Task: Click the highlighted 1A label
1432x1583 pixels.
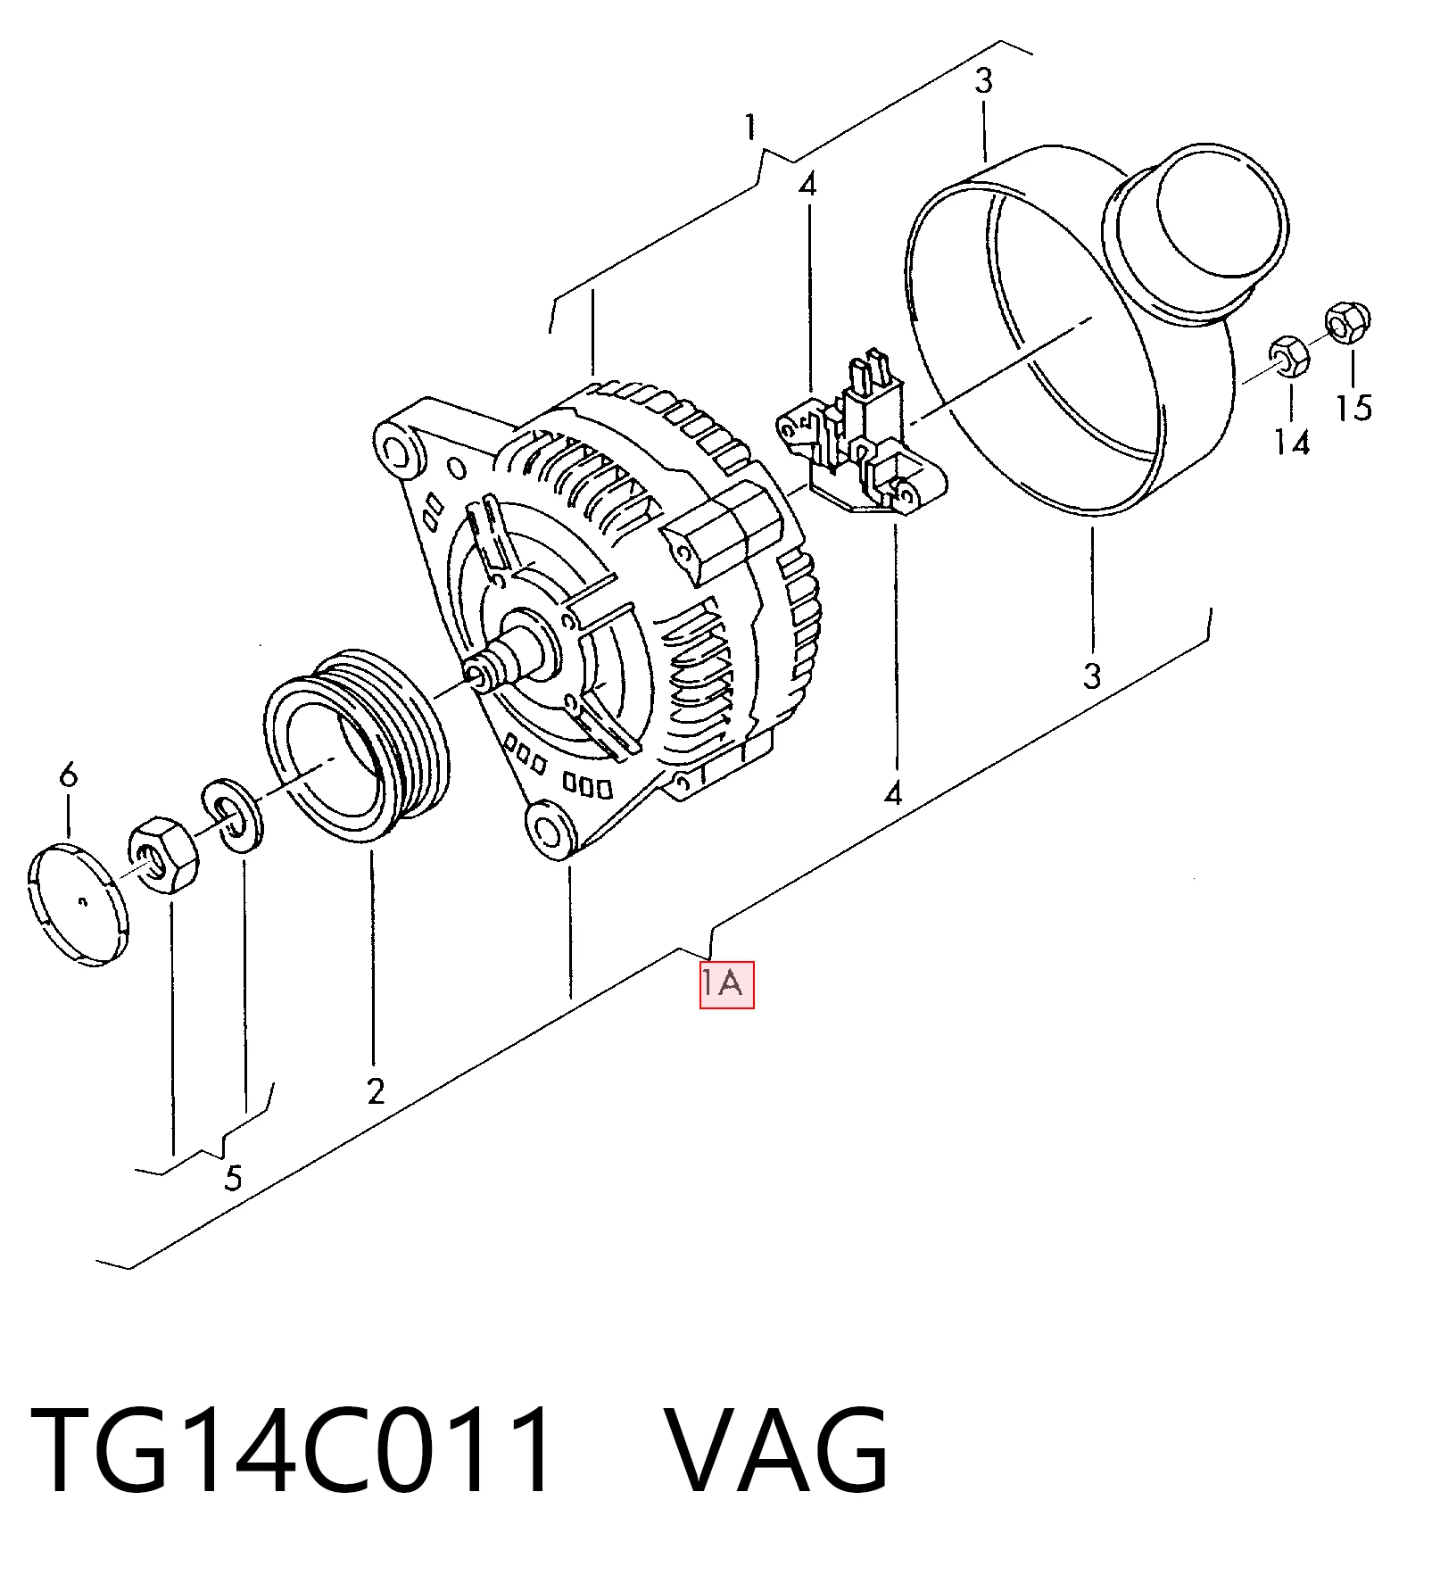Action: pyautogui.click(x=726, y=984)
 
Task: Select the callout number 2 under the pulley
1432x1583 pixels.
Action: pyautogui.click(x=376, y=1090)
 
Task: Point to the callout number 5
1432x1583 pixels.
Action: pyautogui.click(x=233, y=1178)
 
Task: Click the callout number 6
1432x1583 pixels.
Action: pyautogui.click(x=69, y=774)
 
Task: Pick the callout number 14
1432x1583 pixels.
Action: pyautogui.click(x=1291, y=442)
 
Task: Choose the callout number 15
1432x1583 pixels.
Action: pyautogui.click(x=1353, y=408)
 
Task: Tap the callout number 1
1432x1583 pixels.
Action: pyautogui.click(x=751, y=127)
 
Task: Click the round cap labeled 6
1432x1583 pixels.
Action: pyautogui.click(x=79, y=904)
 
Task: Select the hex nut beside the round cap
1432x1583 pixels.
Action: pyautogui.click(x=162, y=854)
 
